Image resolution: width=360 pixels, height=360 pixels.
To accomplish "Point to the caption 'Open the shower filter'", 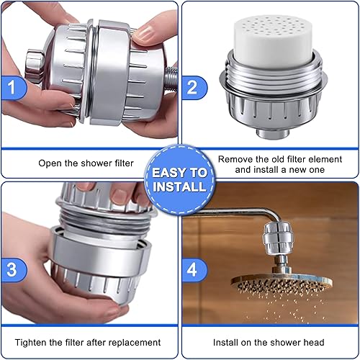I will pos(86,163).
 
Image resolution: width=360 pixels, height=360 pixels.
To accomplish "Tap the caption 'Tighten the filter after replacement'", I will pos(88,342).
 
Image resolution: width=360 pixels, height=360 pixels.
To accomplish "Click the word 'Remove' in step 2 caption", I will pos(236,157).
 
